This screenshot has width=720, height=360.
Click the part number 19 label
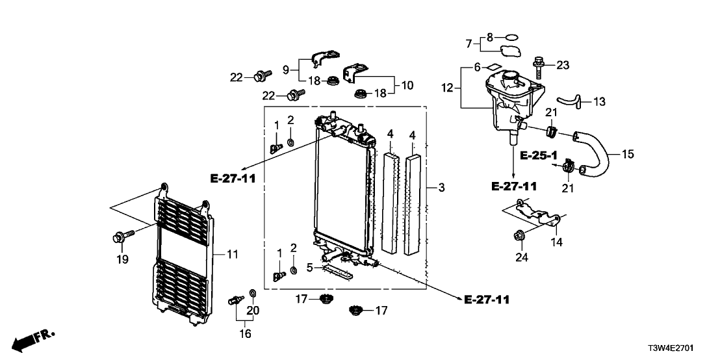pos(122,259)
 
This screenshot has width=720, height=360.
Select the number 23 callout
pos(562,64)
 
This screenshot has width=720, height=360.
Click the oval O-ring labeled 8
pos(512,37)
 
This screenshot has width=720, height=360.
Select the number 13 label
pos(599,102)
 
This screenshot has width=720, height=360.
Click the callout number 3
pos(441,188)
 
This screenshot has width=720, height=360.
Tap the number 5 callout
pos(310,268)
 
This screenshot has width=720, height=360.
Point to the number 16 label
pos(245,334)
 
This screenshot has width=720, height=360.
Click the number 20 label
pos(252,311)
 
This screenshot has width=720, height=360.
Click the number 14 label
pos(557,242)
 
